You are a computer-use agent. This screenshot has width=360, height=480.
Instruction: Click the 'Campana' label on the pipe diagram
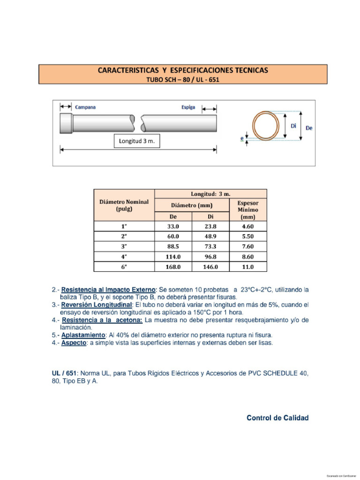point(85,107)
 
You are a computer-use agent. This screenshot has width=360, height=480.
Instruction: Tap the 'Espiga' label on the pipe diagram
point(188,107)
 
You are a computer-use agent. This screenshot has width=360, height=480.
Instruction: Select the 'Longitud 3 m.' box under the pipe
point(137,142)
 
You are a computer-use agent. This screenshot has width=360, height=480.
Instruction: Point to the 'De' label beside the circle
point(309,127)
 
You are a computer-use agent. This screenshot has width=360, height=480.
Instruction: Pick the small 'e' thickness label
point(241,139)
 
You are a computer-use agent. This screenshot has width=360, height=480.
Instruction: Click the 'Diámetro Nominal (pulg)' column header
point(124,205)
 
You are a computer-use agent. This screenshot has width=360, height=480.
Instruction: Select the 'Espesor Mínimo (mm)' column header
point(248,210)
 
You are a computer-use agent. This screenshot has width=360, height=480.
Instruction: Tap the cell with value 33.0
point(173,226)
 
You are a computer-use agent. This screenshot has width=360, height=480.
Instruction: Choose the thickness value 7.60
point(248,247)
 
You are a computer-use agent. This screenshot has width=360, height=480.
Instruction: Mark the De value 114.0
point(173,256)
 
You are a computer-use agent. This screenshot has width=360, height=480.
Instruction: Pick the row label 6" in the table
point(124,267)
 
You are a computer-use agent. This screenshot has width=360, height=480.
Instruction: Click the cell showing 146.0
point(210,267)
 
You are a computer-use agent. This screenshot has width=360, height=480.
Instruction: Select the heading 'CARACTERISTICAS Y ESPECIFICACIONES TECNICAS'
point(183,70)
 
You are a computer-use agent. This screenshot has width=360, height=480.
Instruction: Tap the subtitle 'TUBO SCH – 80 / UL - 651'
point(183,80)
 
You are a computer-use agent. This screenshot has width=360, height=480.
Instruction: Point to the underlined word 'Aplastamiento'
point(83,336)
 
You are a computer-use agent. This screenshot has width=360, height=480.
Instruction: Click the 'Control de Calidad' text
point(277,418)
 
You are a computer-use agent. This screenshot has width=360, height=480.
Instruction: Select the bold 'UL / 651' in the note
point(64,373)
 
